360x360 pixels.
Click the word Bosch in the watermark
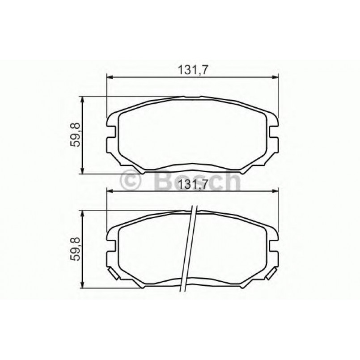pos(197,182)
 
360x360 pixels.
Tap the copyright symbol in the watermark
pos(131,182)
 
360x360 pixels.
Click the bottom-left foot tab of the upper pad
pos(139,170)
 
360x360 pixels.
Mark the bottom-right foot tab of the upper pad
pos(246,170)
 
